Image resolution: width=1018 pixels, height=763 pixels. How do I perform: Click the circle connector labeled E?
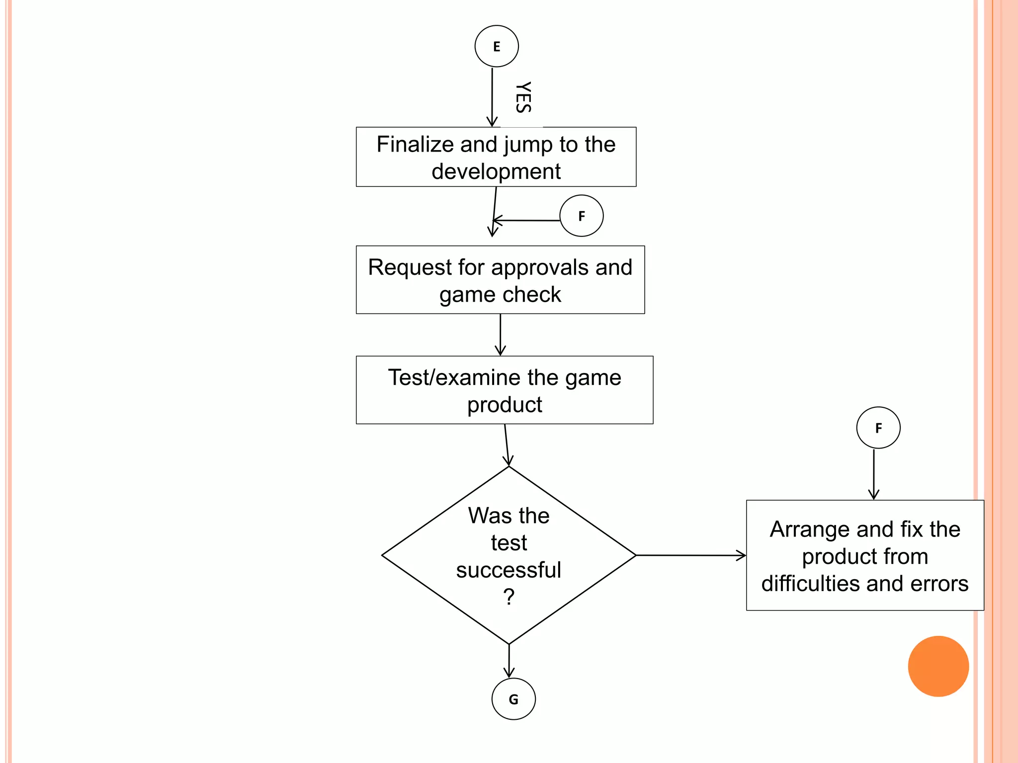(x=497, y=46)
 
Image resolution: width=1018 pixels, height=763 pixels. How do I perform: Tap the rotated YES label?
(x=523, y=97)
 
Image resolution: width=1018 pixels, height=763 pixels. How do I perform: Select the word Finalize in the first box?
(x=416, y=145)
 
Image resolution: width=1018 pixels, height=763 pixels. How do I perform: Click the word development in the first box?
(x=496, y=171)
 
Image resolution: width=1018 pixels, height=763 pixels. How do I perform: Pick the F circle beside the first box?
(x=581, y=216)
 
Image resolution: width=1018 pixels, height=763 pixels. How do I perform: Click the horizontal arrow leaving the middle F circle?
(x=527, y=220)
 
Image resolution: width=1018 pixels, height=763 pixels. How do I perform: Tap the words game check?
(x=500, y=295)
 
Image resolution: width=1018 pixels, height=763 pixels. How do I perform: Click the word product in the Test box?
(x=504, y=405)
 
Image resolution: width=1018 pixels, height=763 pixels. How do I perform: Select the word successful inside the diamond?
(x=508, y=570)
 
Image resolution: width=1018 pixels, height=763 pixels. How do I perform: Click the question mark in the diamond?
(x=509, y=597)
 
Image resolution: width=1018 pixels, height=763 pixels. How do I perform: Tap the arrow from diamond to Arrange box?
(x=691, y=555)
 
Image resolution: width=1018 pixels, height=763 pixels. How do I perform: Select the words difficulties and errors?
(x=864, y=584)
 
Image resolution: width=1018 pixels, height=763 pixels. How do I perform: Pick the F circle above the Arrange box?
(x=878, y=428)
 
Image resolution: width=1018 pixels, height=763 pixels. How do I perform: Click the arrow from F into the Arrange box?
(x=873, y=474)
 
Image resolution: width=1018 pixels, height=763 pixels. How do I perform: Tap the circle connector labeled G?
(x=513, y=699)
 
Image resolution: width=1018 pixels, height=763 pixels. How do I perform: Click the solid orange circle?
(x=938, y=666)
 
